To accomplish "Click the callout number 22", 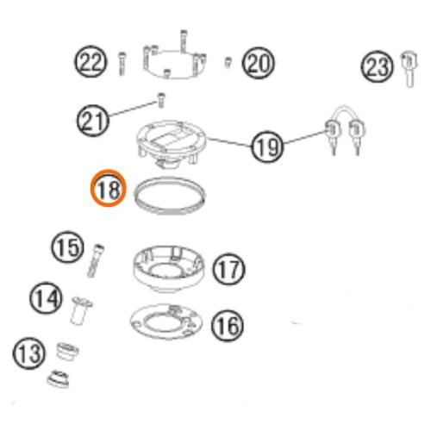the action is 91,61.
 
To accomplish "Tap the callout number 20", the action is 258,63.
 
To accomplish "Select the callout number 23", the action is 377,66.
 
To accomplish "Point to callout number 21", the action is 92,120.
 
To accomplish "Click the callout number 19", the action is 267,147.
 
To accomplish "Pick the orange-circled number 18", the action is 109,188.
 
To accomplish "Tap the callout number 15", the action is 68,247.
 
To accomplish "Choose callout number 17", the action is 228,269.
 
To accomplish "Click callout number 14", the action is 46,297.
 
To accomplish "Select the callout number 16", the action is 228,326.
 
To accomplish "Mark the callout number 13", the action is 28,353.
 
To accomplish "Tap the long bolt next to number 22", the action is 122,64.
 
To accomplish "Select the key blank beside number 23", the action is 409,68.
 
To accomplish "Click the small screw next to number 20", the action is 228,62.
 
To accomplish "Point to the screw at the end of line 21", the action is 161,100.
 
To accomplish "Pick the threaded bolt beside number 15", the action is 96,261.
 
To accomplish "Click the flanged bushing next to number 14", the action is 81,310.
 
